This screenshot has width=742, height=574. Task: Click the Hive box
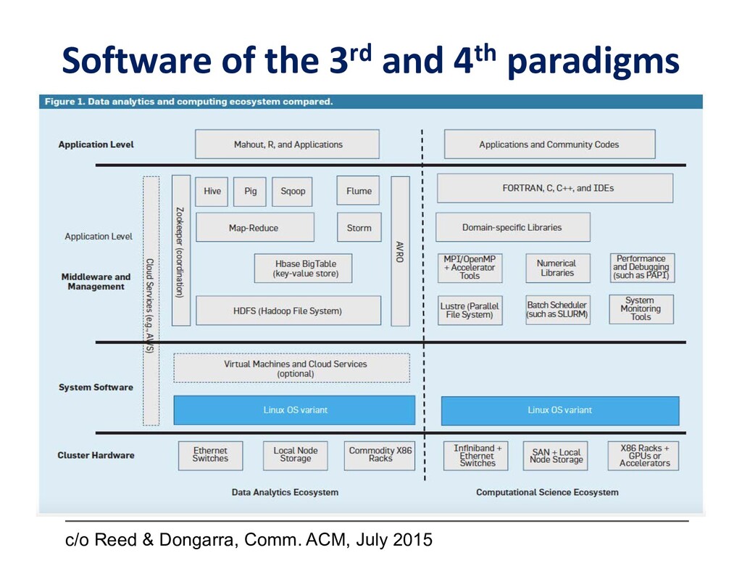click(x=212, y=192)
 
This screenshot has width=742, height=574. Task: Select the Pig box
click(x=251, y=192)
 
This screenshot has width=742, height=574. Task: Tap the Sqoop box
click(x=293, y=192)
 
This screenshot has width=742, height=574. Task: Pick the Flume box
click(x=358, y=192)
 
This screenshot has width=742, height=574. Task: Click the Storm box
click(x=358, y=228)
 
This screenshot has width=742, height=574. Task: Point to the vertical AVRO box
click(x=400, y=250)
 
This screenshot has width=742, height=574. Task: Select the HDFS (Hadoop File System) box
click(x=288, y=311)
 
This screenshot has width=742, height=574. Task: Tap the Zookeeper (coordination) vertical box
click(x=181, y=250)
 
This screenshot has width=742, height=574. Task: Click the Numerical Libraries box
click(x=557, y=268)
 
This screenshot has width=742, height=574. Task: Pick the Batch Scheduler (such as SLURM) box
click(x=557, y=311)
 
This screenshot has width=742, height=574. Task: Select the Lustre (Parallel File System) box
click(x=470, y=311)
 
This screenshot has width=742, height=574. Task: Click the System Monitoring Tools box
click(x=641, y=309)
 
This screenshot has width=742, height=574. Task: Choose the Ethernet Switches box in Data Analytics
click(x=210, y=455)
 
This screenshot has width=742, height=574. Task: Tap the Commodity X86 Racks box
click(x=380, y=455)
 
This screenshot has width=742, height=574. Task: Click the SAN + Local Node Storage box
click(x=556, y=456)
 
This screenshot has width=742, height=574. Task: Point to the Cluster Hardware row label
click(x=96, y=456)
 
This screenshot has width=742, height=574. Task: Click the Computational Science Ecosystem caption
click(x=547, y=493)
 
